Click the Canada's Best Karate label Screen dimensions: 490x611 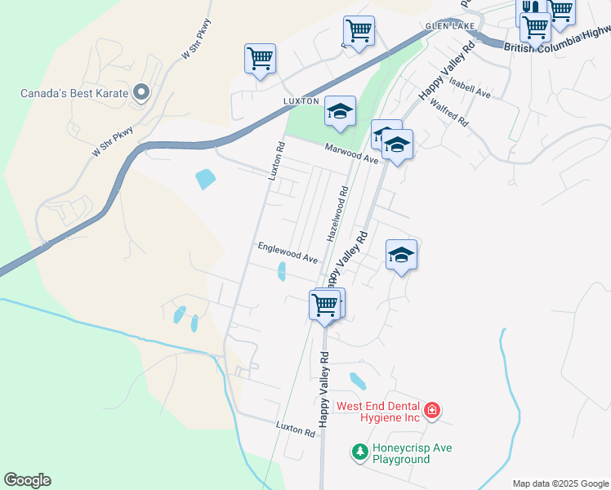click(x=74, y=92)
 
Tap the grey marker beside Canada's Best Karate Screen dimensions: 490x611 click(x=140, y=92)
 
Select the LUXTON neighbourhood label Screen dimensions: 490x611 click(x=299, y=100)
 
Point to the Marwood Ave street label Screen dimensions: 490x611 click(x=351, y=153)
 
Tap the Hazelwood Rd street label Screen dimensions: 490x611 click(x=338, y=213)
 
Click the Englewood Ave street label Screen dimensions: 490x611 click(x=288, y=252)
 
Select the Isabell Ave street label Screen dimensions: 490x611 click(x=470, y=89)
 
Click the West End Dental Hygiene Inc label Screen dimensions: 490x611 click(x=378, y=412)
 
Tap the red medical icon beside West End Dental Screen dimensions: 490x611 click(x=431, y=409)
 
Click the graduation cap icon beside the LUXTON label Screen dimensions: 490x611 click(x=340, y=112)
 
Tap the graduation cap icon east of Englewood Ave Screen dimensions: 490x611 click(x=401, y=255)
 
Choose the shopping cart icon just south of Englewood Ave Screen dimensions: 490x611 click(x=325, y=305)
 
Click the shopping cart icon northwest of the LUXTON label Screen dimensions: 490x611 click(x=260, y=59)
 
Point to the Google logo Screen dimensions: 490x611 click(x=27, y=480)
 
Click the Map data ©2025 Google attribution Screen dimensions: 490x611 click(x=561, y=483)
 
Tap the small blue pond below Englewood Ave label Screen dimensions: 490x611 click(x=281, y=272)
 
